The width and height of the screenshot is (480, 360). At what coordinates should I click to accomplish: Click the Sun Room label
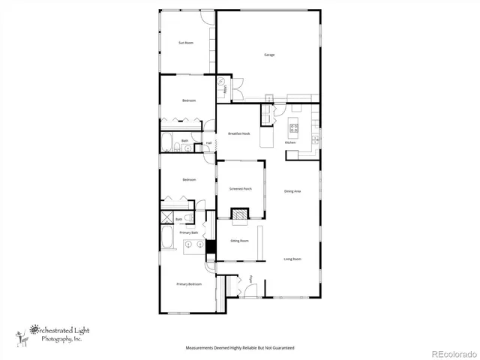185,43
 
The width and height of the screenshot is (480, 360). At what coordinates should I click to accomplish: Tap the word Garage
268,55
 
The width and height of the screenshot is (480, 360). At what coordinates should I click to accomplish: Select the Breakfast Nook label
238,133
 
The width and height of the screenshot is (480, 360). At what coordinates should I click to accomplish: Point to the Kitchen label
289,142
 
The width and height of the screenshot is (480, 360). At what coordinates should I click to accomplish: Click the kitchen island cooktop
294,128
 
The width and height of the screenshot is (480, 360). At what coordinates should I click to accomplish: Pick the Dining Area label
292,192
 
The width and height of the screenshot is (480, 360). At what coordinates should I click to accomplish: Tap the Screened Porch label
240,189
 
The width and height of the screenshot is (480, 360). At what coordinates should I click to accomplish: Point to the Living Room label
292,259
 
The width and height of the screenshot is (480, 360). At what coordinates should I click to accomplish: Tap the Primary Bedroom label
189,284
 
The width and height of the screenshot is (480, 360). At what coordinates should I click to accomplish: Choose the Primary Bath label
189,232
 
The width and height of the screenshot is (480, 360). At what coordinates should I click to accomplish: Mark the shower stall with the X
166,217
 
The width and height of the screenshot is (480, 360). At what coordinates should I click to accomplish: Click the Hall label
208,143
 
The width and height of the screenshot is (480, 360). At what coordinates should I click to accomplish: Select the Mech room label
224,91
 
